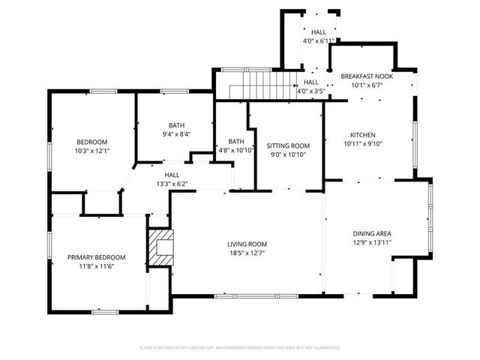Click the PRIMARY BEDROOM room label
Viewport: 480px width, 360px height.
(x=96, y=257)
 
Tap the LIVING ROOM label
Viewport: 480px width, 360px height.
(x=247, y=244)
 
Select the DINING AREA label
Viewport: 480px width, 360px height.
(x=372, y=233)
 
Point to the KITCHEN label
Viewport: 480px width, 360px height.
(x=363, y=135)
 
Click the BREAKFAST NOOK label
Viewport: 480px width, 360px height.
(x=367, y=76)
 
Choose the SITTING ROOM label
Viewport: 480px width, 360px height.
(x=288, y=145)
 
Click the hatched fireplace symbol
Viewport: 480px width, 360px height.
(x=160, y=248)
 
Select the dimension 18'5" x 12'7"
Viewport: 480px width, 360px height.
(x=247, y=253)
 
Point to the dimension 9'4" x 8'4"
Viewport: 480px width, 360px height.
(x=176, y=134)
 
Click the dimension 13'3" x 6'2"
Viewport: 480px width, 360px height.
(x=172, y=183)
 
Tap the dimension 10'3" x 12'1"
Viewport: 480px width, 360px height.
(x=93, y=151)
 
